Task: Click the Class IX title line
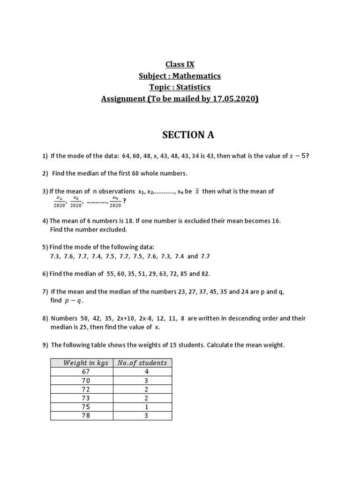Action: point(180,64)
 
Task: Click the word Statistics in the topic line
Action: point(194,87)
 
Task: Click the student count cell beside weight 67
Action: point(146,371)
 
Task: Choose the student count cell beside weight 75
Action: point(146,407)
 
